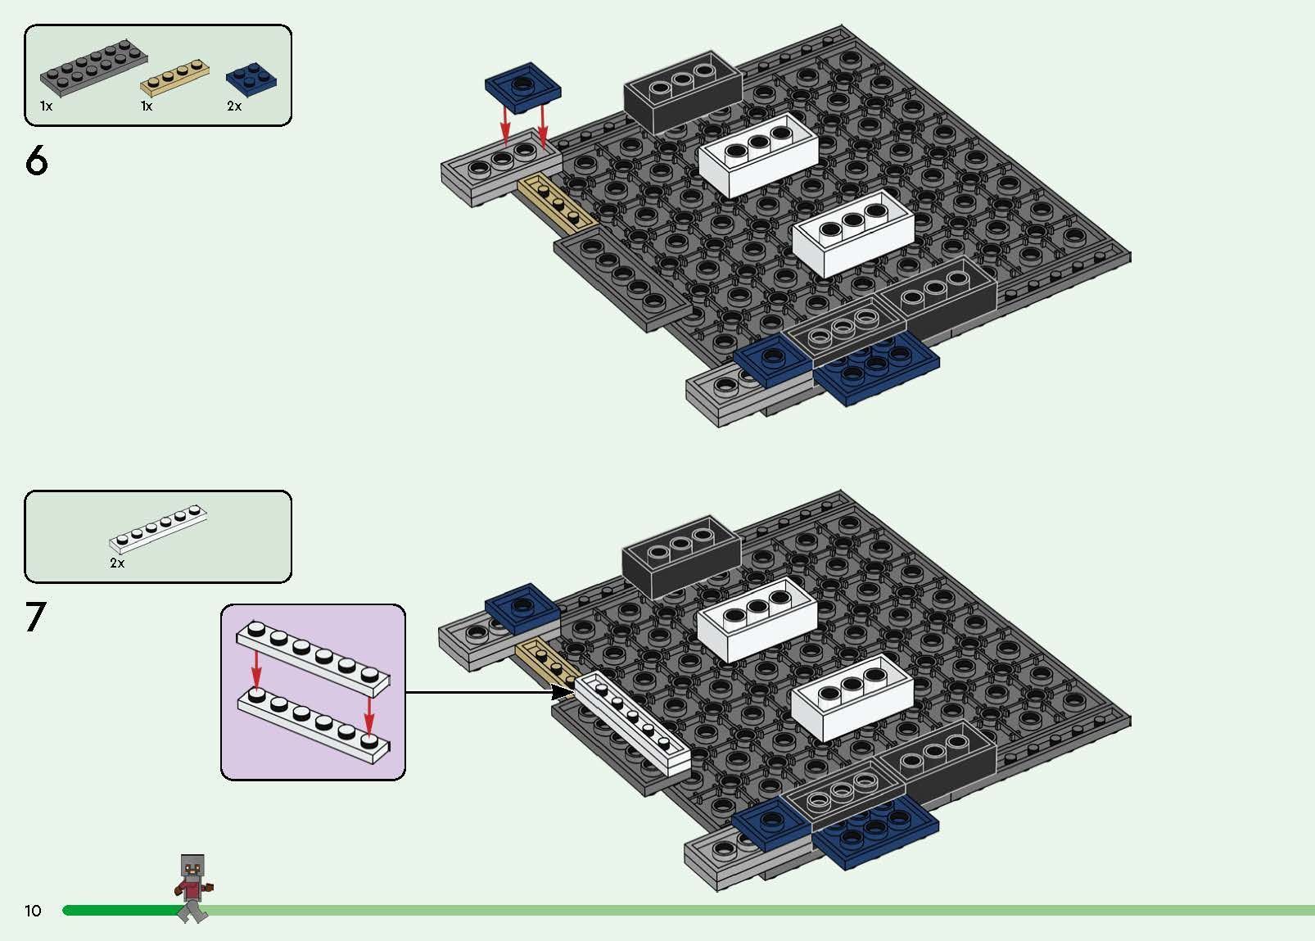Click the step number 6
coord(37,161)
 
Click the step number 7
coord(36,618)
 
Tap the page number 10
coord(33,911)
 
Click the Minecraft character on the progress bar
coord(194,888)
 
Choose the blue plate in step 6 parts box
coord(251,78)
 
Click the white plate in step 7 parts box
coord(158,528)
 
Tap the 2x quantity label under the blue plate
coord(234,106)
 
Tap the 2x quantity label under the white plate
coord(117,563)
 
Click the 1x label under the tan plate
coord(147,106)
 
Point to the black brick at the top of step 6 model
coord(682,92)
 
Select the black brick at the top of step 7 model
coord(680,557)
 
